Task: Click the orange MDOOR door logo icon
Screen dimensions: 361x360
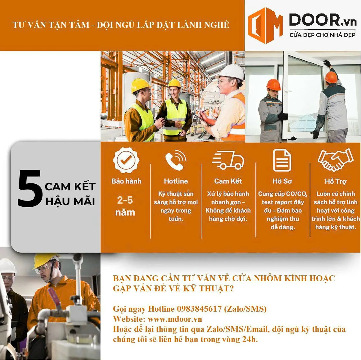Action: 265,25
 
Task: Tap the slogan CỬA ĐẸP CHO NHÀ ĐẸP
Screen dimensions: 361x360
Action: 322,35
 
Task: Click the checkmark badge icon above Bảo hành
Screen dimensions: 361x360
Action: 126,160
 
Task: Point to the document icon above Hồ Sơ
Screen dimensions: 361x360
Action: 282,160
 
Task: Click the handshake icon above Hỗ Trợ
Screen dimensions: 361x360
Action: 336,159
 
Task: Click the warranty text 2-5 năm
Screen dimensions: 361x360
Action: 125,206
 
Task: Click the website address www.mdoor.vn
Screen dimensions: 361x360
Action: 175,319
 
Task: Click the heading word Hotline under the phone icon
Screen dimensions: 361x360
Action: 176,181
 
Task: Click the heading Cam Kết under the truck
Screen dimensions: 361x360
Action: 228,181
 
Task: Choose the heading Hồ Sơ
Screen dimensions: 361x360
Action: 282,181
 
